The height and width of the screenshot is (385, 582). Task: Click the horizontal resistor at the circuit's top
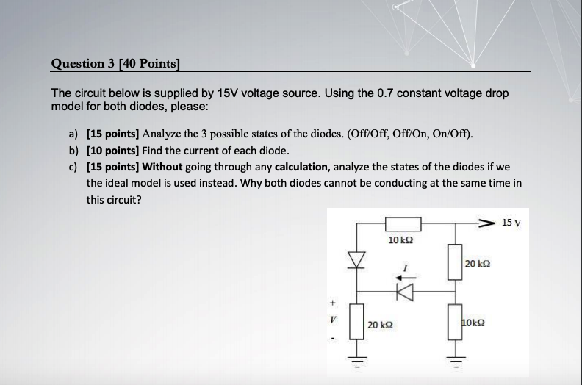[x=401, y=223]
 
